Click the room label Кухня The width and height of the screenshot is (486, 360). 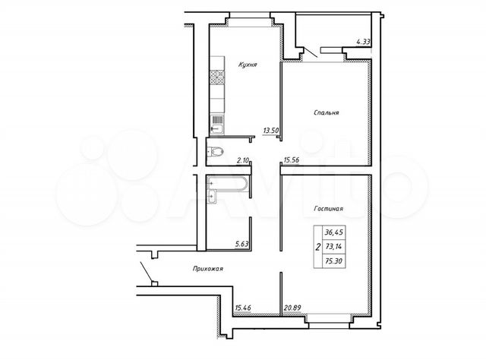coord(248,65)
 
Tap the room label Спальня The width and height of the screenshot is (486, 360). coord(327,112)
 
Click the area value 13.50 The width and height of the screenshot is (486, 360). coord(271,130)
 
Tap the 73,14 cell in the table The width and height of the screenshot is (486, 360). coord(333,247)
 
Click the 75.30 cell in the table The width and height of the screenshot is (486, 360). coord(333,260)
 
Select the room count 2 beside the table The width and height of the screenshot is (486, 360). coord(316,247)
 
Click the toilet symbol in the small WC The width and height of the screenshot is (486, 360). coord(216,150)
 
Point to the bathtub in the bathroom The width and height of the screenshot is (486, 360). coord(227,182)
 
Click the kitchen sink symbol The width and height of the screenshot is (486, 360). coord(216,120)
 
